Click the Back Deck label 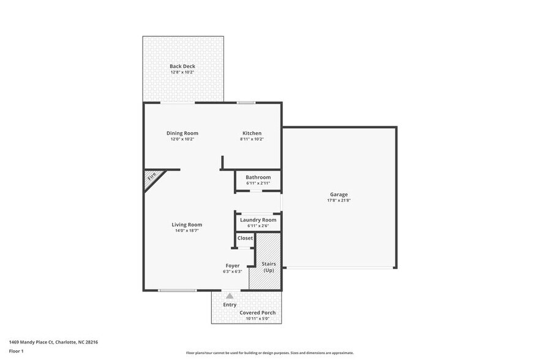tap(182, 66)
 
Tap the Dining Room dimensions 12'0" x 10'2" tap(182, 139)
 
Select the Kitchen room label tap(252, 133)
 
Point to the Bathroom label tap(258, 177)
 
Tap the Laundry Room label tap(258, 220)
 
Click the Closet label tap(245, 238)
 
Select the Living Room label tap(187, 225)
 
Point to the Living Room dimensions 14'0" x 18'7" tap(187, 231)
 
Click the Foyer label tap(232, 266)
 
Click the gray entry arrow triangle tap(230, 296)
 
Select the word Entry tap(230, 304)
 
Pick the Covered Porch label tap(257, 312)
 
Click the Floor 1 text tap(17, 351)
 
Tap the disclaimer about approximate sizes tap(269, 353)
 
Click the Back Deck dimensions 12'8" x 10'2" tap(182, 72)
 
